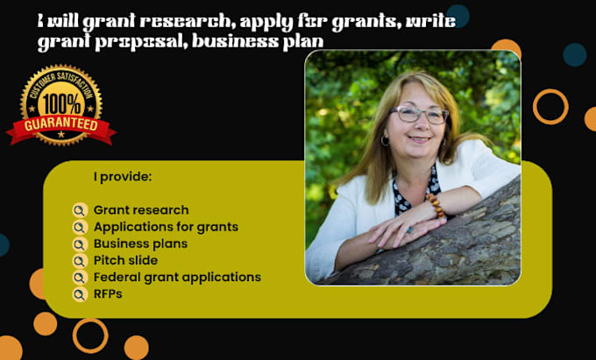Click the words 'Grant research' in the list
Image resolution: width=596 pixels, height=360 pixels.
[x=141, y=210]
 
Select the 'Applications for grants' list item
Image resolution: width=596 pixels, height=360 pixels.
[x=166, y=227]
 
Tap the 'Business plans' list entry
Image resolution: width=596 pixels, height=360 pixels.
[x=140, y=244]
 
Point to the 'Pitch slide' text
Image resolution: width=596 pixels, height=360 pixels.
[x=125, y=260]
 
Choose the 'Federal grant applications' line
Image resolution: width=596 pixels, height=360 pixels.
[x=177, y=277]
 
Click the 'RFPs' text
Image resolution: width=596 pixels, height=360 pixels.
[x=108, y=294]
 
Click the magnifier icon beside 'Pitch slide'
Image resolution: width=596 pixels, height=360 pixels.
[x=80, y=261]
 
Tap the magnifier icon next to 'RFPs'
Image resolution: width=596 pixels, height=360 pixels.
[x=80, y=294]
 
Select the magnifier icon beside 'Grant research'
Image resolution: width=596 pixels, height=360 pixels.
[x=80, y=210]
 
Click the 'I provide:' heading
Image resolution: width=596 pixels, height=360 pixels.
[x=123, y=177]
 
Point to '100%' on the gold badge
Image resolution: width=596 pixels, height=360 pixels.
[x=61, y=103]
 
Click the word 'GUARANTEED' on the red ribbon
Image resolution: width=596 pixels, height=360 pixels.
[x=61, y=125]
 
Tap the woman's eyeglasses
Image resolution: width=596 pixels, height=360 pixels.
[x=418, y=114]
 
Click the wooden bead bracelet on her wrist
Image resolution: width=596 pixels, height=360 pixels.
[x=436, y=206]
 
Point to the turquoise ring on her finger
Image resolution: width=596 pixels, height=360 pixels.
[x=408, y=229]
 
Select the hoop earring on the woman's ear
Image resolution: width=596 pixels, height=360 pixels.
[x=385, y=141]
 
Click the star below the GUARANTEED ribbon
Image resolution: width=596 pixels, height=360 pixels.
[x=61, y=134]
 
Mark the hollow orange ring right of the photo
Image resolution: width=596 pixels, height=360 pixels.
[x=534, y=107]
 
